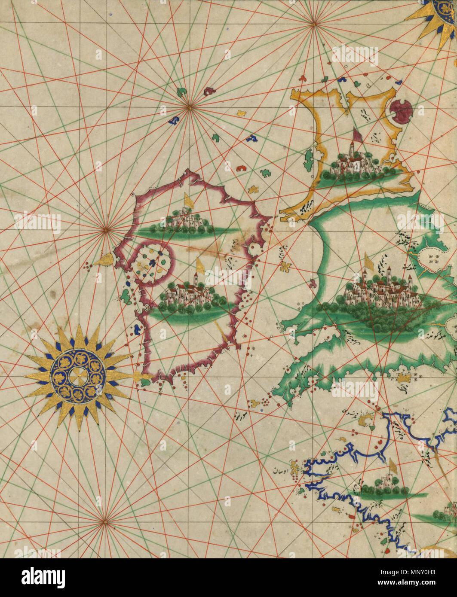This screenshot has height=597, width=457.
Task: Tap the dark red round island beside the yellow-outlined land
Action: point(401,111)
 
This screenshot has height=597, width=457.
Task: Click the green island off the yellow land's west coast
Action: point(309,159)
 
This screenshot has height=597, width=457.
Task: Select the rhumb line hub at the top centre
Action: point(314,24)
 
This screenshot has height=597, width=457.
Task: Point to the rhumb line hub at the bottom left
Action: point(104,521)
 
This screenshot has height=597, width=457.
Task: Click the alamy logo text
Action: point(43,578)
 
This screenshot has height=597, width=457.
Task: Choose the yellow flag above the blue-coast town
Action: point(393,466)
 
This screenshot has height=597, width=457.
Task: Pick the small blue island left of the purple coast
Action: point(137,329)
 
